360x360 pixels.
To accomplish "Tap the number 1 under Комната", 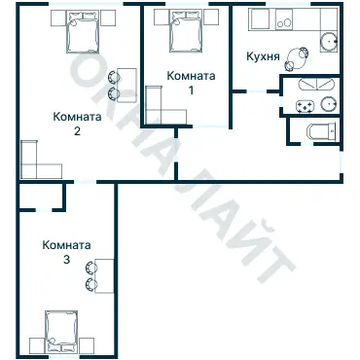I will point(191,90).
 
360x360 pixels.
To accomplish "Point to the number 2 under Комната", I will point(76,133).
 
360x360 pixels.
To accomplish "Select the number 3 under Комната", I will point(66,261).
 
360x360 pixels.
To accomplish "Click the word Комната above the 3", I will point(66,246).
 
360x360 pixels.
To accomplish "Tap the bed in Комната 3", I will point(60,331).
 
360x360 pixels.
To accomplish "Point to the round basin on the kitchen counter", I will point(329,42).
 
